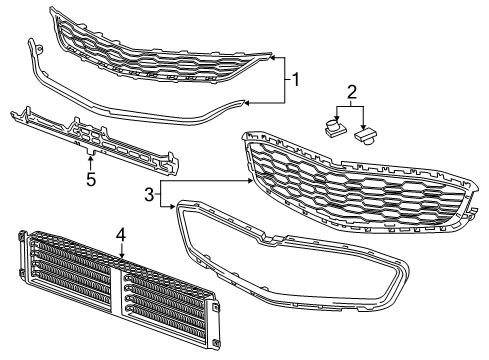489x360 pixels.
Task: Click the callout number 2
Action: tap(352, 94)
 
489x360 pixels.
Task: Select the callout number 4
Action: tap(120, 237)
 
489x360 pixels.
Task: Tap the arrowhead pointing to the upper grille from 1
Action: tap(273, 58)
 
